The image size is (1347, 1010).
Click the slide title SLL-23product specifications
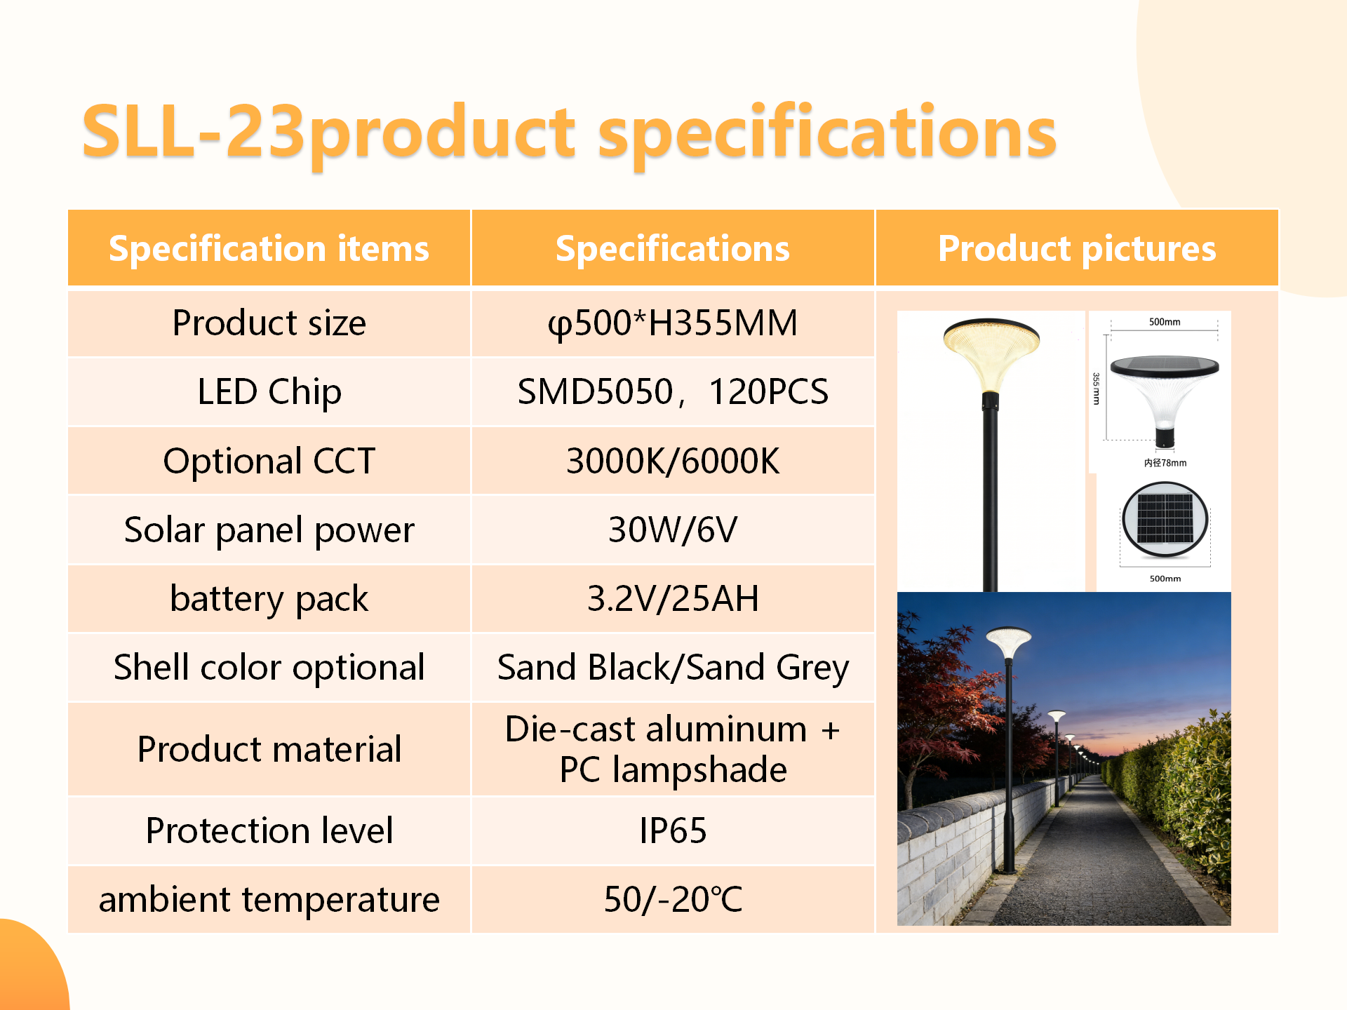pyautogui.click(x=569, y=133)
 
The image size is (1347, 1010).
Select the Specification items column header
pyautogui.click(x=269, y=248)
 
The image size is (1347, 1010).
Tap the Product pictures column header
pyautogui.click(x=1077, y=248)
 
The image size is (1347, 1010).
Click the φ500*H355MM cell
pyautogui.click(x=673, y=323)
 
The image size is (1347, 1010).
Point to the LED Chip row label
pyautogui.click(x=269, y=391)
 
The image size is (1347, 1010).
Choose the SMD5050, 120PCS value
pyautogui.click(x=673, y=391)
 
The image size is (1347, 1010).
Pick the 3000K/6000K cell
pyautogui.click(x=673, y=461)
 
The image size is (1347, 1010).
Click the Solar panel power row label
pyautogui.click(x=269, y=530)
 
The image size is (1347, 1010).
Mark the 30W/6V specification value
pyautogui.click(x=673, y=530)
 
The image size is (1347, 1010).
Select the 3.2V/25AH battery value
pyautogui.click(x=673, y=598)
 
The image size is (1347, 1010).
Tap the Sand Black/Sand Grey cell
pyautogui.click(x=673, y=667)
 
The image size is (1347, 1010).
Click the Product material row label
pyautogui.click(x=269, y=748)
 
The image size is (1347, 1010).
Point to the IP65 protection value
pyautogui.click(x=673, y=830)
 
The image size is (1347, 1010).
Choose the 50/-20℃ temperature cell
pyautogui.click(x=673, y=899)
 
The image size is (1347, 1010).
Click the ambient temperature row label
pyautogui.click(x=269, y=899)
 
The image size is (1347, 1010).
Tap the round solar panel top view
pyautogui.click(x=1165, y=520)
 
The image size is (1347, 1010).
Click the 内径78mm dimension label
pyautogui.click(x=1165, y=463)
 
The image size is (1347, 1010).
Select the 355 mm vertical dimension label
pyautogui.click(x=1096, y=389)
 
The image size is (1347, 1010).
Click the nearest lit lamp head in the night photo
pyautogui.click(x=1008, y=642)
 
